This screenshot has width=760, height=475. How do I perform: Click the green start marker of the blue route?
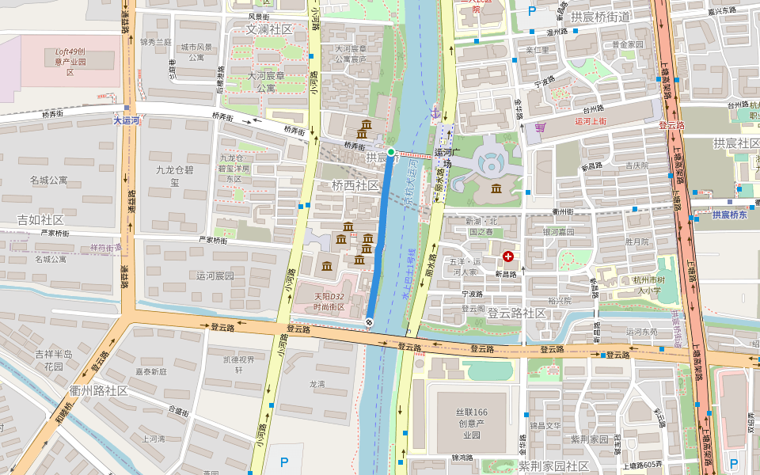coord(391,152)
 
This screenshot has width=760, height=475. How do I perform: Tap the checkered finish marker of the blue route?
coord(370,321)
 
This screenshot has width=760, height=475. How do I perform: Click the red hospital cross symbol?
coord(507,256)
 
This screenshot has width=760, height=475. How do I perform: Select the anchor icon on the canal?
coord(434,112)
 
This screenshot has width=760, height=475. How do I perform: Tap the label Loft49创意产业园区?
coord(70,61)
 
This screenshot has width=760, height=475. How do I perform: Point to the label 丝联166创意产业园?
coord(471,424)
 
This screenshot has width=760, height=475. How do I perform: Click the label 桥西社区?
coord(355,185)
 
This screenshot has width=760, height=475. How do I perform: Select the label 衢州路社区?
coord(99,391)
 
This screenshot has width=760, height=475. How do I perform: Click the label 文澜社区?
coord(269,29)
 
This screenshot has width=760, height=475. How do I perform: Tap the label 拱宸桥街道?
coord(600,17)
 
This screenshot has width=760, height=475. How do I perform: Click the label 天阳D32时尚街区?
coord(329,302)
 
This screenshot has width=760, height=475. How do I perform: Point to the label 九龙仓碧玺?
coord(174,176)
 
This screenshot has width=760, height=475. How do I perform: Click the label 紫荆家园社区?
coord(554,465)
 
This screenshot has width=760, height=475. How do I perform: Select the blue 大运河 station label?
coord(126,121)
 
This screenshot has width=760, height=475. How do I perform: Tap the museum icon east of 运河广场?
coord(496,188)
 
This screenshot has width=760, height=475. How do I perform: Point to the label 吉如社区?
coord(41,219)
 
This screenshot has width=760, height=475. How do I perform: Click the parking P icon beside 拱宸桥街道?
coord(532,11)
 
